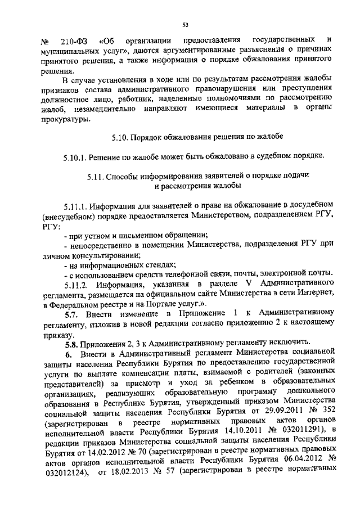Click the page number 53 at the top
pyautogui.click(x=185, y=24)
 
